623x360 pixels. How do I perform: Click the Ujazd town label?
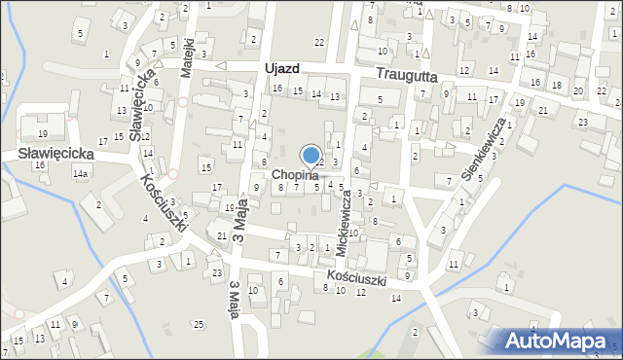click(x=280, y=69)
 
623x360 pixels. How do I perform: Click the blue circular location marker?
click(x=311, y=155)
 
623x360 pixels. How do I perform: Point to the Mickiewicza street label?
click(x=344, y=223)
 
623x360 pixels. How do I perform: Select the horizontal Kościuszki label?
click(x=357, y=278)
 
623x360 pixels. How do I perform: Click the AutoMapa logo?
click(x=558, y=341)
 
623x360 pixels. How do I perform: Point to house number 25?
click(x=199, y=323)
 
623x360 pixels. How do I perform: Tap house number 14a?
click(x=80, y=174)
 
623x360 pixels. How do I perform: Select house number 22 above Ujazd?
click(x=319, y=41)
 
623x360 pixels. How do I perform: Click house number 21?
click(x=222, y=236)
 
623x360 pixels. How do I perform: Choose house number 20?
click(x=578, y=91)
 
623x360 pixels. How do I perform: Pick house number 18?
click(x=557, y=86)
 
